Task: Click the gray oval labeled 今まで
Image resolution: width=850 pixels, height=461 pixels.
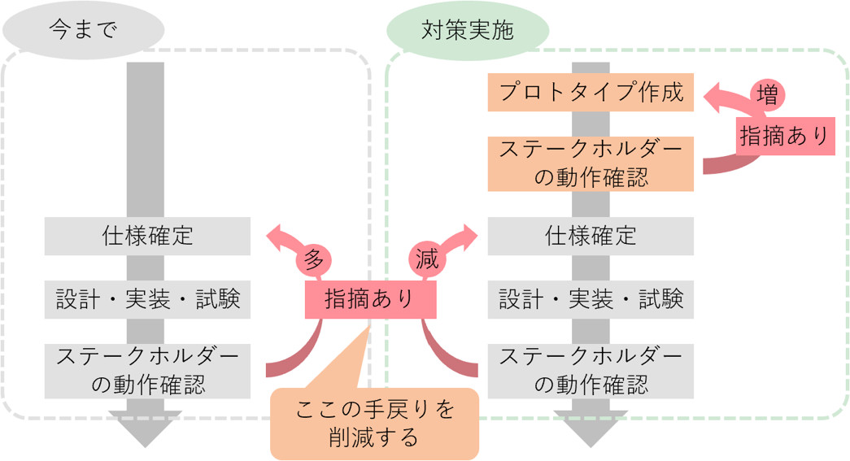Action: [x=84, y=30]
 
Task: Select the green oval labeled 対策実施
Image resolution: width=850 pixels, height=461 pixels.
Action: [x=467, y=30]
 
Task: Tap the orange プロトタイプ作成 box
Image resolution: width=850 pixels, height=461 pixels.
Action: [x=591, y=92]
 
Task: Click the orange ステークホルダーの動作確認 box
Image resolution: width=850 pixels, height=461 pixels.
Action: [x=591, y=163]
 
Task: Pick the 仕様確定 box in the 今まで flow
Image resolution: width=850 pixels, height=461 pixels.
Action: [x=147, y=236]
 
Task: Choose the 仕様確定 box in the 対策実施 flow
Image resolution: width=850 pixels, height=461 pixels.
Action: [x=591, y=236]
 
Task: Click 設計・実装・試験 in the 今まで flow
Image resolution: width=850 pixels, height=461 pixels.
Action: [x=147, y=300]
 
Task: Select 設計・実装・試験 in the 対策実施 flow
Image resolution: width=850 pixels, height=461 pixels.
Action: [x=591, y=300]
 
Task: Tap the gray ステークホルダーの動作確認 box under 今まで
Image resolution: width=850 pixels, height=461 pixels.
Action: [x=147, y=371]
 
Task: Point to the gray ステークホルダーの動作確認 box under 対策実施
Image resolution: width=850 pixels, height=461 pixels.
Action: [x=591, y=371]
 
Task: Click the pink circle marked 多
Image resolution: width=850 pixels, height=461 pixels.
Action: [x=314, y=259]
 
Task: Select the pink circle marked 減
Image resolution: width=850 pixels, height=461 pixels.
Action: [x=427, y=259]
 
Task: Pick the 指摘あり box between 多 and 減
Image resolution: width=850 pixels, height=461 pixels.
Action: [x=370, y=299]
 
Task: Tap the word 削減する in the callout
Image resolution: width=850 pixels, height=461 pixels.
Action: [x=374, y=438]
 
